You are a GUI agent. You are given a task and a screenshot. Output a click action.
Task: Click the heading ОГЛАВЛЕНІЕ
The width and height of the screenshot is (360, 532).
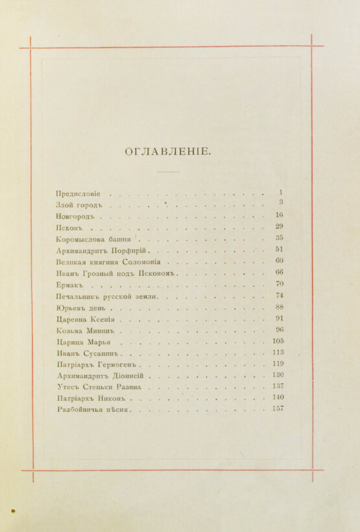click(x=167, y=152)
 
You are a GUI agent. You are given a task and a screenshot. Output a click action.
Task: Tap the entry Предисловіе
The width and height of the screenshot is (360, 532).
click(x=78, y=193)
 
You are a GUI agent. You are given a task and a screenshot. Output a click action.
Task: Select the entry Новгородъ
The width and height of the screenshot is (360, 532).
click(x=75, y=216)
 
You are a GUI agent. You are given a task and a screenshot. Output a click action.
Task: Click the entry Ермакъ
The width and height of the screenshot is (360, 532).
click(x=71, y=285)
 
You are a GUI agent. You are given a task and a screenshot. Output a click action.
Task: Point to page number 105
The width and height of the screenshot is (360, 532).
click(x=278, y=341)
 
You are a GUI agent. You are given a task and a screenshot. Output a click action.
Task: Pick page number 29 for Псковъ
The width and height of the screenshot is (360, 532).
click(x=279, y=226)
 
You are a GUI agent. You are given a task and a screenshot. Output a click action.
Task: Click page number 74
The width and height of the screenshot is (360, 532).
click(x=279, y=295)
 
